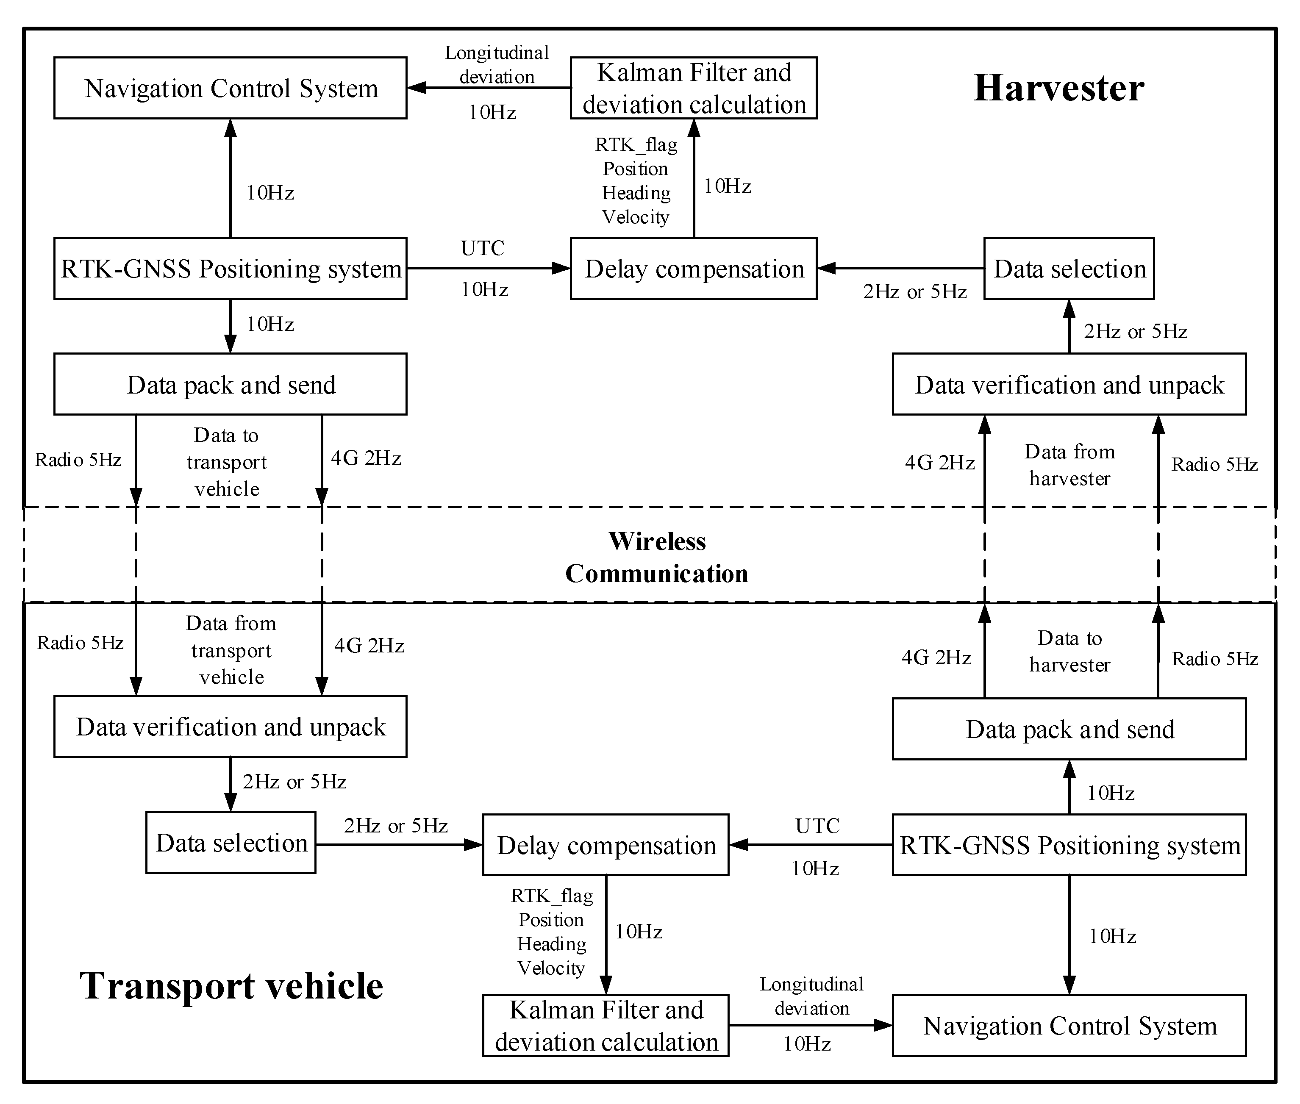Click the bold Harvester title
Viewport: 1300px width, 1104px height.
pyautogui.click(x=1058, y=88)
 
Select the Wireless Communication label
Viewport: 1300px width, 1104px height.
pyautogui.click(x=657, y=557)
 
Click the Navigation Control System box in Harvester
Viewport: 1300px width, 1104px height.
pyautogui.click(x=231, y=88)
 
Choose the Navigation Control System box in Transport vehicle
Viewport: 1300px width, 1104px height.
pyautogui.click(x=1069, y=1026)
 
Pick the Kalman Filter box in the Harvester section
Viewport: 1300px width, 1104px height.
pyautogui.click(x=694, y=88)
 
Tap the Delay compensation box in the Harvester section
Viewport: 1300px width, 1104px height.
pyautogui.click(x=694, y=269)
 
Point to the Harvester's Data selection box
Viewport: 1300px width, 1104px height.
pyautogui.click(x=1069, y=269)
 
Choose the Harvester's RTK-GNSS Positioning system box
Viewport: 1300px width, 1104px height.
pyautogui.click(x=231, y=269)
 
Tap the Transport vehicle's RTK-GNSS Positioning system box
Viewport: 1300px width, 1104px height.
pyautogui.click(x=1069, y=845)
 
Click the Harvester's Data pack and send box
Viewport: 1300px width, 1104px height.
pyautogui.click(x=231, y=384)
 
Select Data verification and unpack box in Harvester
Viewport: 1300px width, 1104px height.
pyautogui.click(x=1069, y=384)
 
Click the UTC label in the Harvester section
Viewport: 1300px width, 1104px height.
pyautogui.click(x=483, y=248)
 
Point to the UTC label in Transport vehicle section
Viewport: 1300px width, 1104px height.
pyautogui.click(x=817, y=826)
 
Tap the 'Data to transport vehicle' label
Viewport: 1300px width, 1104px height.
pyautogui.click(x=227, y=462)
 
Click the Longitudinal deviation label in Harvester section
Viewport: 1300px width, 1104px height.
pyautogui.click(x=496, y=64)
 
